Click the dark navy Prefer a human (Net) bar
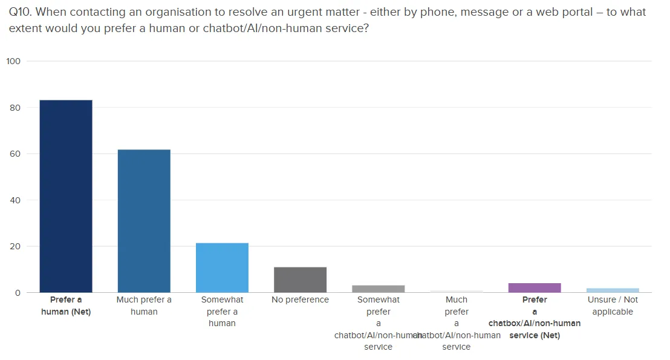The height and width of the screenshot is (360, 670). coord(66,196)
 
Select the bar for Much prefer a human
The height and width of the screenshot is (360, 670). coord(144,221)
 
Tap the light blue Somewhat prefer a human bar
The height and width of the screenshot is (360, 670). coord(222,267)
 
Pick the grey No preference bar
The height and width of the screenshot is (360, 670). coord(300,280)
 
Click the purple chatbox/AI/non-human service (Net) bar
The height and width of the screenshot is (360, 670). coord(535,288)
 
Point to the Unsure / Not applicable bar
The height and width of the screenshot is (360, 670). coord(613,290)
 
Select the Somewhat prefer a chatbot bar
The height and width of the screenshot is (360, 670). coord(378,289)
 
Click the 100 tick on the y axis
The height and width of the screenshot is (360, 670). coord(13,61)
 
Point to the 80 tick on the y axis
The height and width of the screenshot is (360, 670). coord(15,108)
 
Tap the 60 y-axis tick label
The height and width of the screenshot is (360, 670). coord(15,154)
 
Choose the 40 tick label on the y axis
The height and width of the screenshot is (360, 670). coord(15,200)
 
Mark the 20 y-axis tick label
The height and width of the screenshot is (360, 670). coord(15,246)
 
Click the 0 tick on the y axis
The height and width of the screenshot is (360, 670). coord(18,293)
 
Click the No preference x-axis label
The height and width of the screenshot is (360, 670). coord(300,299)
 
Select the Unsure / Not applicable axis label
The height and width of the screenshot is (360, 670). coord(613,306)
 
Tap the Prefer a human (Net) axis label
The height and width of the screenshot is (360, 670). coord(66,306)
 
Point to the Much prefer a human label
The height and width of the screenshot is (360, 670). coord(144,306)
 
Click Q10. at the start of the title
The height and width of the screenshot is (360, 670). coord(22,12)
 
